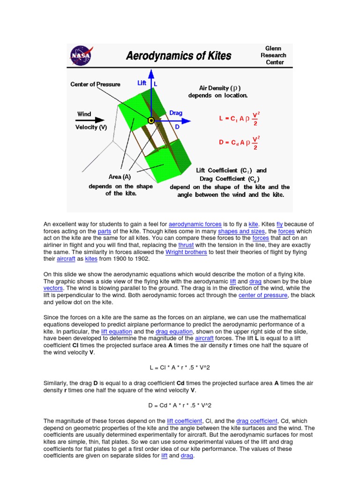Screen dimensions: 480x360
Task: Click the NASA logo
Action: [x=81, y=56]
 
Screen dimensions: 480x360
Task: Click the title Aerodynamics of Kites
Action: [x=179, y=56]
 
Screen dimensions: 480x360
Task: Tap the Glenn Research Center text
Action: [x=273, y=55]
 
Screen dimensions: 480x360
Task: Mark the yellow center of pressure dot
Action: [x=151, y=120]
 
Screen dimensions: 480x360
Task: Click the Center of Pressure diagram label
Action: [x=95, y=84]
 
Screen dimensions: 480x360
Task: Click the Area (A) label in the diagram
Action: [x=120, y=177]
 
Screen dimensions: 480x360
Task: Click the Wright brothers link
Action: [x=186, y=252]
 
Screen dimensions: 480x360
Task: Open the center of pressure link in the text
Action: [x=262, y=295]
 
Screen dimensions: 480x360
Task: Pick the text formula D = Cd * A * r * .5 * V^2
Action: [x=180, y=405]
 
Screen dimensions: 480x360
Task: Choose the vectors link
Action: [x=53, y=288]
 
